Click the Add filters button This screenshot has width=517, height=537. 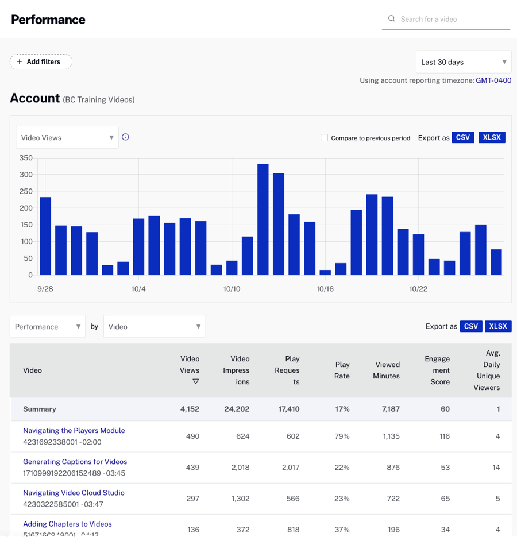click(41, 62)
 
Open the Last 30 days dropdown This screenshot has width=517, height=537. click(463, 62)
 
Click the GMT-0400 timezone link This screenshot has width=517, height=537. click(493, 80)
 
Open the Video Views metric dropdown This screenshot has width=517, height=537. click(67, 138)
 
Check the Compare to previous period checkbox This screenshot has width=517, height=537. click(325, 138)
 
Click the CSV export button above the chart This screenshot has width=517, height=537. click(462, 138)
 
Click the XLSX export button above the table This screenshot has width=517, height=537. click(497, 326)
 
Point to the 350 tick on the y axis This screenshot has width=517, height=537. click(26, 158)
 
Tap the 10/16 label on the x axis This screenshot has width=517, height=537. click(325, 289)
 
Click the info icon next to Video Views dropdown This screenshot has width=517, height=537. click(126, 137)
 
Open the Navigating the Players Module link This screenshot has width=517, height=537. click(74, 431)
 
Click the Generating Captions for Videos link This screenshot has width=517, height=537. click(75, 462)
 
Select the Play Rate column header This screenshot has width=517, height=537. click(342, 370)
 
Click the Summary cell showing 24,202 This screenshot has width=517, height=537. click(237, 409)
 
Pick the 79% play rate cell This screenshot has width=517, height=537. click(342, 436)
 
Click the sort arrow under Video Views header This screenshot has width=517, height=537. click(195, 382)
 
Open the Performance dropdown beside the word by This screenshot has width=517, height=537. click(48, 327)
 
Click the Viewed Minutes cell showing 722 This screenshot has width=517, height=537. click(393, 499)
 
